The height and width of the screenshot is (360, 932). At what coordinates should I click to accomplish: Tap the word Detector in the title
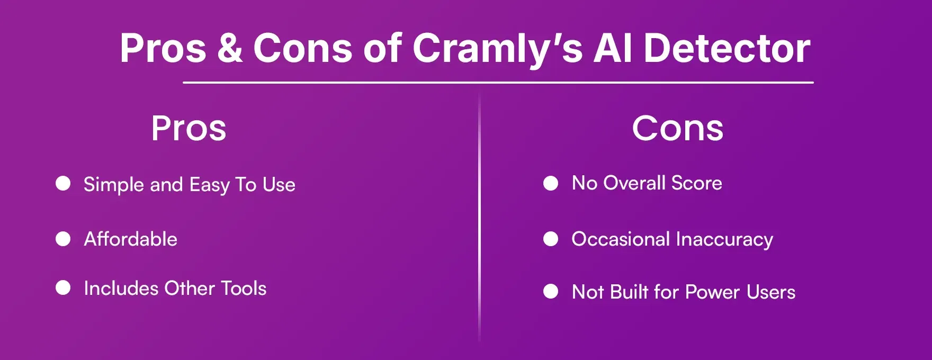pyautogui.click(x=727, y=49)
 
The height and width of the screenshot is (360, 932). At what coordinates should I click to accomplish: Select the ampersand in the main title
pyautogui.click(x=229, y=49)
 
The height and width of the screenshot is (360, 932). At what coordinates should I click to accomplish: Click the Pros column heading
pyautogui.click(x=189, y=129)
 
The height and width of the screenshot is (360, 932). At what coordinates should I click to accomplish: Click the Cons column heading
pyautogui.click(x=677, y=129)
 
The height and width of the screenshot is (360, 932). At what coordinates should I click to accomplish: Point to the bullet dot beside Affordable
pyautogui.click(x=63, y=239)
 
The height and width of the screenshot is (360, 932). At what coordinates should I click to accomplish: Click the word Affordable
pyautogui.click(x=130, y=239)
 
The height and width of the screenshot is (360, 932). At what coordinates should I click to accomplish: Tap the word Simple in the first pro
pyautogui.click(x=113, y=185)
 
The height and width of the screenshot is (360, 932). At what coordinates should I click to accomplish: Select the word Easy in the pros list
pyautogui.click(x=210, y=185)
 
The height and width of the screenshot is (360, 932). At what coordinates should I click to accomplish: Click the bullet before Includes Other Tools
pyautogui.click(x=63, y=288)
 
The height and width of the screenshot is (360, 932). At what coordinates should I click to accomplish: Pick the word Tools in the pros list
pyautogui.click(x=244, y=289)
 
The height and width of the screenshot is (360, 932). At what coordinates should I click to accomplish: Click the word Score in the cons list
pyautogui.click(x=696, y=183)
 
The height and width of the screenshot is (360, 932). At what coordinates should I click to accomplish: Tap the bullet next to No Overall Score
pyautogui.click(x=551, y=183)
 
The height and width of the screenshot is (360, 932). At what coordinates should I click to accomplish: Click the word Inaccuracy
pyautogui.click(x=724, y=239)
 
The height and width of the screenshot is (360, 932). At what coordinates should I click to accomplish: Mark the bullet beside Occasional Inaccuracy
pyautogui.click(x=551, y=239)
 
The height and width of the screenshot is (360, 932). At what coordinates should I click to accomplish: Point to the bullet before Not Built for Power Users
pyautogui.click(x=551, y=292)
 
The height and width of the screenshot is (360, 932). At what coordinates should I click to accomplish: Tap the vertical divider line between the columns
pyautogui.click(x=480, y=217)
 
